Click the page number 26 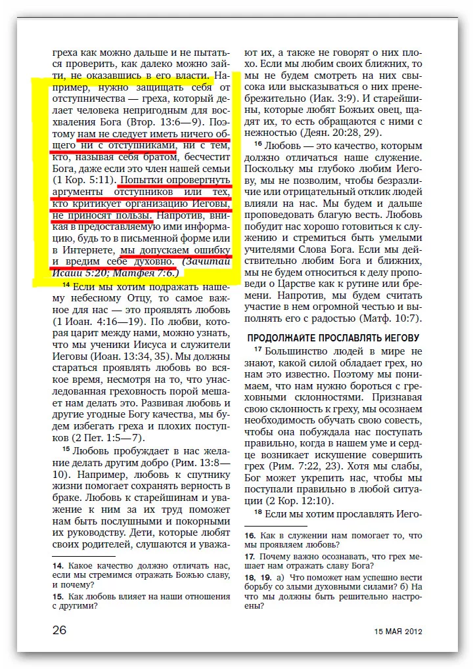pos(60,630)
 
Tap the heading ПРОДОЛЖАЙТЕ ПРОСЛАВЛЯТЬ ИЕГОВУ pos(333,338)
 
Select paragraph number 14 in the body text pos(66,286)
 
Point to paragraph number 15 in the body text pos(66,450)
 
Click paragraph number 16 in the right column pos(258,144)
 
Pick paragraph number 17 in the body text pos(258,350)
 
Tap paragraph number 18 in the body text pos(258,513)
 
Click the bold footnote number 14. pos(58,565)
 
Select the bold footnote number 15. pos(58,597)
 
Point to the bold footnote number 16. pos(250,536)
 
